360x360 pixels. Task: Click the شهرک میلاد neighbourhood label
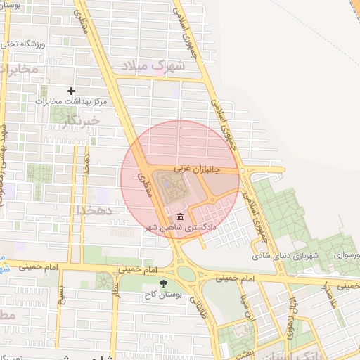click(153, 65)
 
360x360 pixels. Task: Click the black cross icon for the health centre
click(71, 91)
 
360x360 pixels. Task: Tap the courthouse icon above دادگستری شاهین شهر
click(181, 217)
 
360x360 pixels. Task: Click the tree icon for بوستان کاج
click(164, 284)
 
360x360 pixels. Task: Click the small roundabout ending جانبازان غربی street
click(243, 170)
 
